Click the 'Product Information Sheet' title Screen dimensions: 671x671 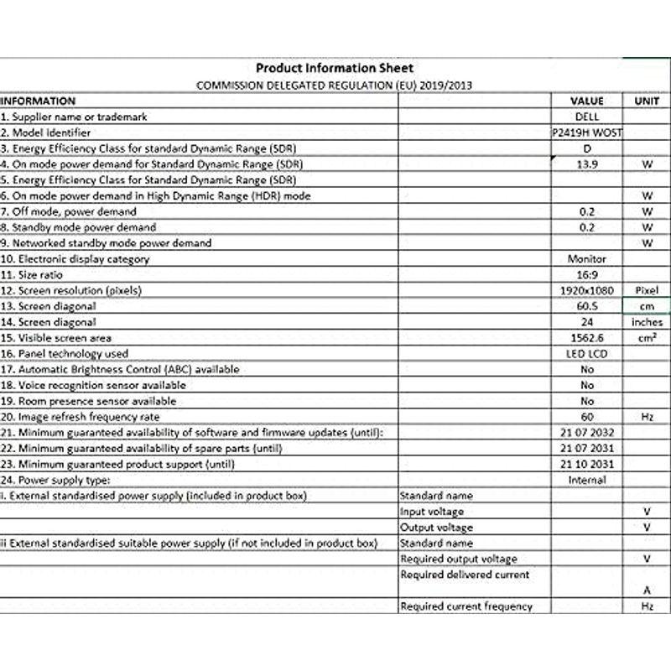click(334, 69)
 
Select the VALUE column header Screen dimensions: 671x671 click(586, 101)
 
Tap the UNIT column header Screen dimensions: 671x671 click(646, 101)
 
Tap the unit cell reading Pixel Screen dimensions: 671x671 click(646, 290)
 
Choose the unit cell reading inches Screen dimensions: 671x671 click(646, 322)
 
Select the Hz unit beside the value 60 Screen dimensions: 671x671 click(646, 417)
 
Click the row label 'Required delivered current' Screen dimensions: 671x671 click(465, 575)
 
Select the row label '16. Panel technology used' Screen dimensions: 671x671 click(65, 354)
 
